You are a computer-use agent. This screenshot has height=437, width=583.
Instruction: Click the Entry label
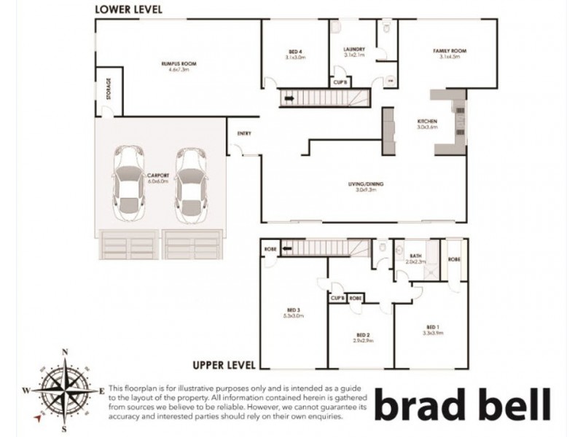243,134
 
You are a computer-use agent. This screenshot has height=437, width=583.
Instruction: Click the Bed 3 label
292,314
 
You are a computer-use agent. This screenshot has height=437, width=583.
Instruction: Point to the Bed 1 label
435,329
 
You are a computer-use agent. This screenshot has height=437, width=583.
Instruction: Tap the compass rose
66,387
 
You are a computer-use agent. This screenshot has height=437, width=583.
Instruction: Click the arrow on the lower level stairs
290,97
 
